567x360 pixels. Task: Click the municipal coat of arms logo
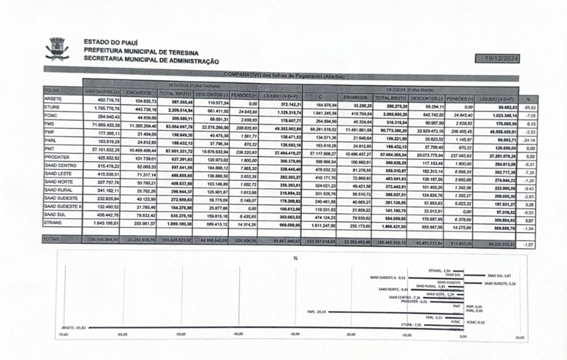tap(57, 49)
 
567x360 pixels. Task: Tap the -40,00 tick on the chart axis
tap(237, 334)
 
